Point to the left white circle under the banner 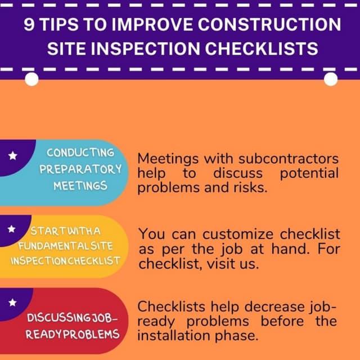(32, 78)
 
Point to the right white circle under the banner (331, 78)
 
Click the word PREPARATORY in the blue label (80, 169)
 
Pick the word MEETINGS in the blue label (80, 185)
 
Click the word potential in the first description (309, 173)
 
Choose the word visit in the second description (215, 263)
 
